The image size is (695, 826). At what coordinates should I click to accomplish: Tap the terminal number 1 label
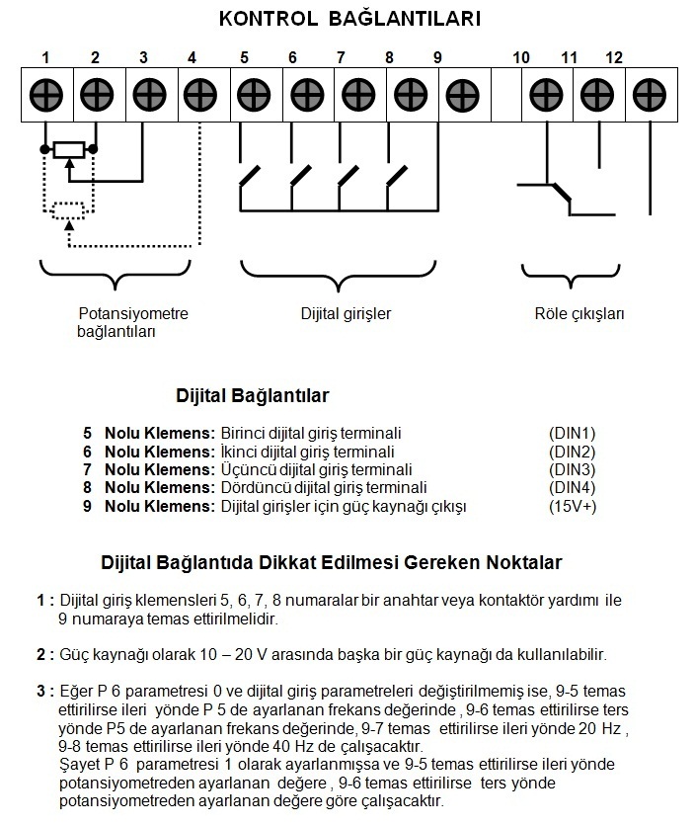pos(46,57)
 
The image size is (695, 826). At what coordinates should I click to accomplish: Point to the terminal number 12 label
pos(614,57)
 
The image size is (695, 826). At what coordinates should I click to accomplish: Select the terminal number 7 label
pos(341,57)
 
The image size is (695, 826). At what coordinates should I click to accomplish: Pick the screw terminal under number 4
pos(200,95)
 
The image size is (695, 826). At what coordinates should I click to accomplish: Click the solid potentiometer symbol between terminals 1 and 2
pos(69,149)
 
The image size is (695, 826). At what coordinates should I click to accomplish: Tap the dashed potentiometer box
pos(68,209)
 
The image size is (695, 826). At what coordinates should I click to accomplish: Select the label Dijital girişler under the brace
pos(347,314)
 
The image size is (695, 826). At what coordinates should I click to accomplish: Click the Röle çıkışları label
pos(574,314)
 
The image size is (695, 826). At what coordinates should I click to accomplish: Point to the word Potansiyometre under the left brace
pos(133,314)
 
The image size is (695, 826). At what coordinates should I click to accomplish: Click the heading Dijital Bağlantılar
pos(252,395)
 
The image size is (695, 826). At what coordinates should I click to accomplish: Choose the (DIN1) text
pos(573,434)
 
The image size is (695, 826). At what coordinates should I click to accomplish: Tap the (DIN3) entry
pos(573,469)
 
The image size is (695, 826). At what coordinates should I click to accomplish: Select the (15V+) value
pos(573,506)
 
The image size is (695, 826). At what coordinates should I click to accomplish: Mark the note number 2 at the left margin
pos(42,654)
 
